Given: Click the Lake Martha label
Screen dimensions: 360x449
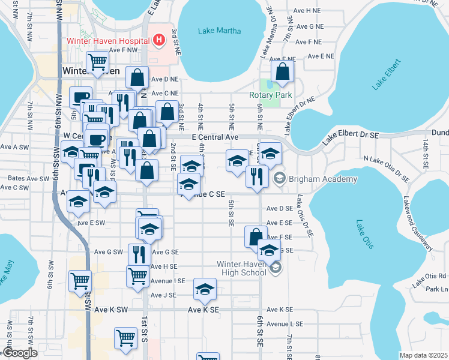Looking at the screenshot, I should tap(219, 31).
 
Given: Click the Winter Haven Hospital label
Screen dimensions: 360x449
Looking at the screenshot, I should tap(107, 41).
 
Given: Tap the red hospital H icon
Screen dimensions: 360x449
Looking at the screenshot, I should tap(158, 41).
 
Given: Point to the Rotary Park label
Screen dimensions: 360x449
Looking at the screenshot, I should tap(270, 95).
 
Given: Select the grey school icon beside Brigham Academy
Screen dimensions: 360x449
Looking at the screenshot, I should tap(280, 179).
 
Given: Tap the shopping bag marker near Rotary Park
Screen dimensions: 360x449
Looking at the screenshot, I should tap(282, 72).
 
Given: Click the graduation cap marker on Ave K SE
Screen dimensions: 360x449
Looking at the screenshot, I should tap(205, 290).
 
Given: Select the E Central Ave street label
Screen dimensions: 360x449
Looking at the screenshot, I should tap(214, 137).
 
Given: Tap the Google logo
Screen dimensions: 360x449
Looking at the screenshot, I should tap(20, 353).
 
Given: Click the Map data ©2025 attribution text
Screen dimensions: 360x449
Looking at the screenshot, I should tap(423, 355).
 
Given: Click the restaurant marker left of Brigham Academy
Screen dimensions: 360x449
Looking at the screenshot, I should tap(255, 176).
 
